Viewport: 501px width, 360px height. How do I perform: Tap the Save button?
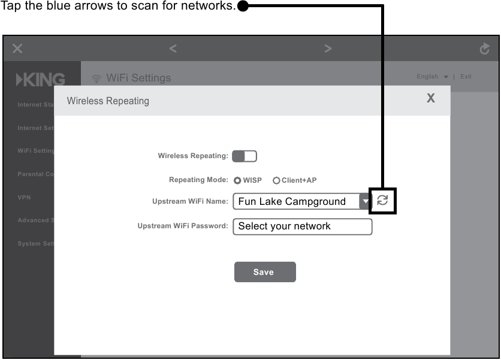(265, 272)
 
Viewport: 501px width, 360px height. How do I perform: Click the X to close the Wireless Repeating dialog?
(430, 98)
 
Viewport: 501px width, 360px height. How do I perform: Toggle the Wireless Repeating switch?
(245, 156)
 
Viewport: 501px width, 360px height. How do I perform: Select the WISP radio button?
(238, 180)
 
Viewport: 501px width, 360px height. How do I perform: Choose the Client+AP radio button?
(276, 180)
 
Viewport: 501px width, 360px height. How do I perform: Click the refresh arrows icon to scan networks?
(382, 201)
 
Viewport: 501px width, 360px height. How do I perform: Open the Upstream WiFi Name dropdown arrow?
(365, 201)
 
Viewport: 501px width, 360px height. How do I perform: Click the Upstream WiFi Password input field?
(302, 226)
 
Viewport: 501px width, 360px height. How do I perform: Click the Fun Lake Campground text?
(292, 201)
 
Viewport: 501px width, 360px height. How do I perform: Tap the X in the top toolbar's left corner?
(17, 49)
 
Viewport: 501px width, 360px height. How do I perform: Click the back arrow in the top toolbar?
(173, 49)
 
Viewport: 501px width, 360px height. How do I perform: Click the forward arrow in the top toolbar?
(328, 49)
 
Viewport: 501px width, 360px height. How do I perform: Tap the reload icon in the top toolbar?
(485, 49)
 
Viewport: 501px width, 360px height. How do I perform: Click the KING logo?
(41, 80)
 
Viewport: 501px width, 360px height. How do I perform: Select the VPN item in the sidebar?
(25, 197)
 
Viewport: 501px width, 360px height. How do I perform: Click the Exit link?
(466, 77)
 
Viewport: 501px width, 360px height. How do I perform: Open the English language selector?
(432, 77)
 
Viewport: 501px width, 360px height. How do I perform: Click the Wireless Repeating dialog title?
(108, 101)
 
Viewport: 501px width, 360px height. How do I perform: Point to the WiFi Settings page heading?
(138, 78)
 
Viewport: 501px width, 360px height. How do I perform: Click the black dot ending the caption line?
(243, 7)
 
